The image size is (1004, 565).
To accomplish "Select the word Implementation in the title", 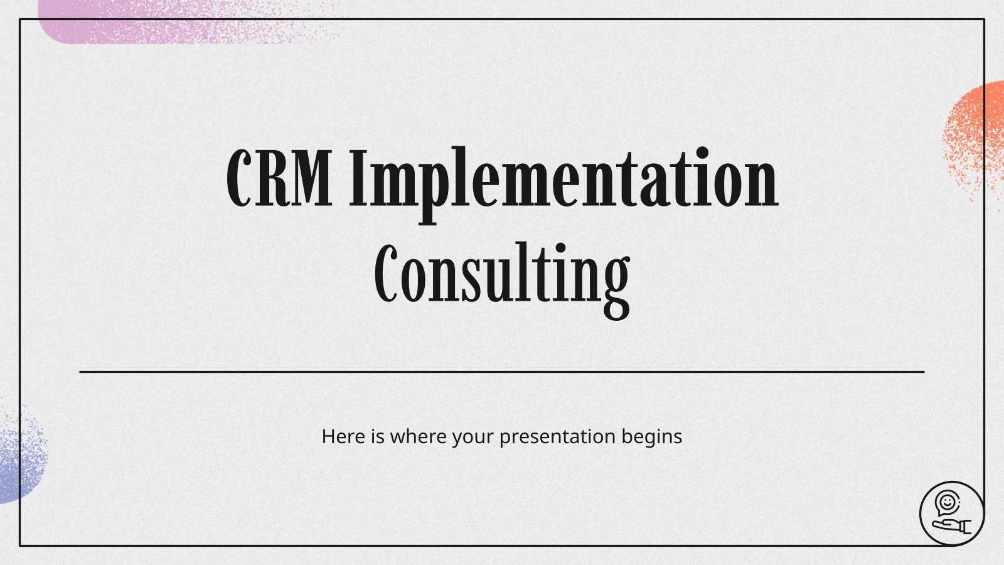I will [x=563, y=179].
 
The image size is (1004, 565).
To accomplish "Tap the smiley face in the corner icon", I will [x=946, y=502].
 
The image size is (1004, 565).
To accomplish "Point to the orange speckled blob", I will [x=976, y=135].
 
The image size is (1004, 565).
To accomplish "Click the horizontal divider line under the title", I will [x=502, y=372].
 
